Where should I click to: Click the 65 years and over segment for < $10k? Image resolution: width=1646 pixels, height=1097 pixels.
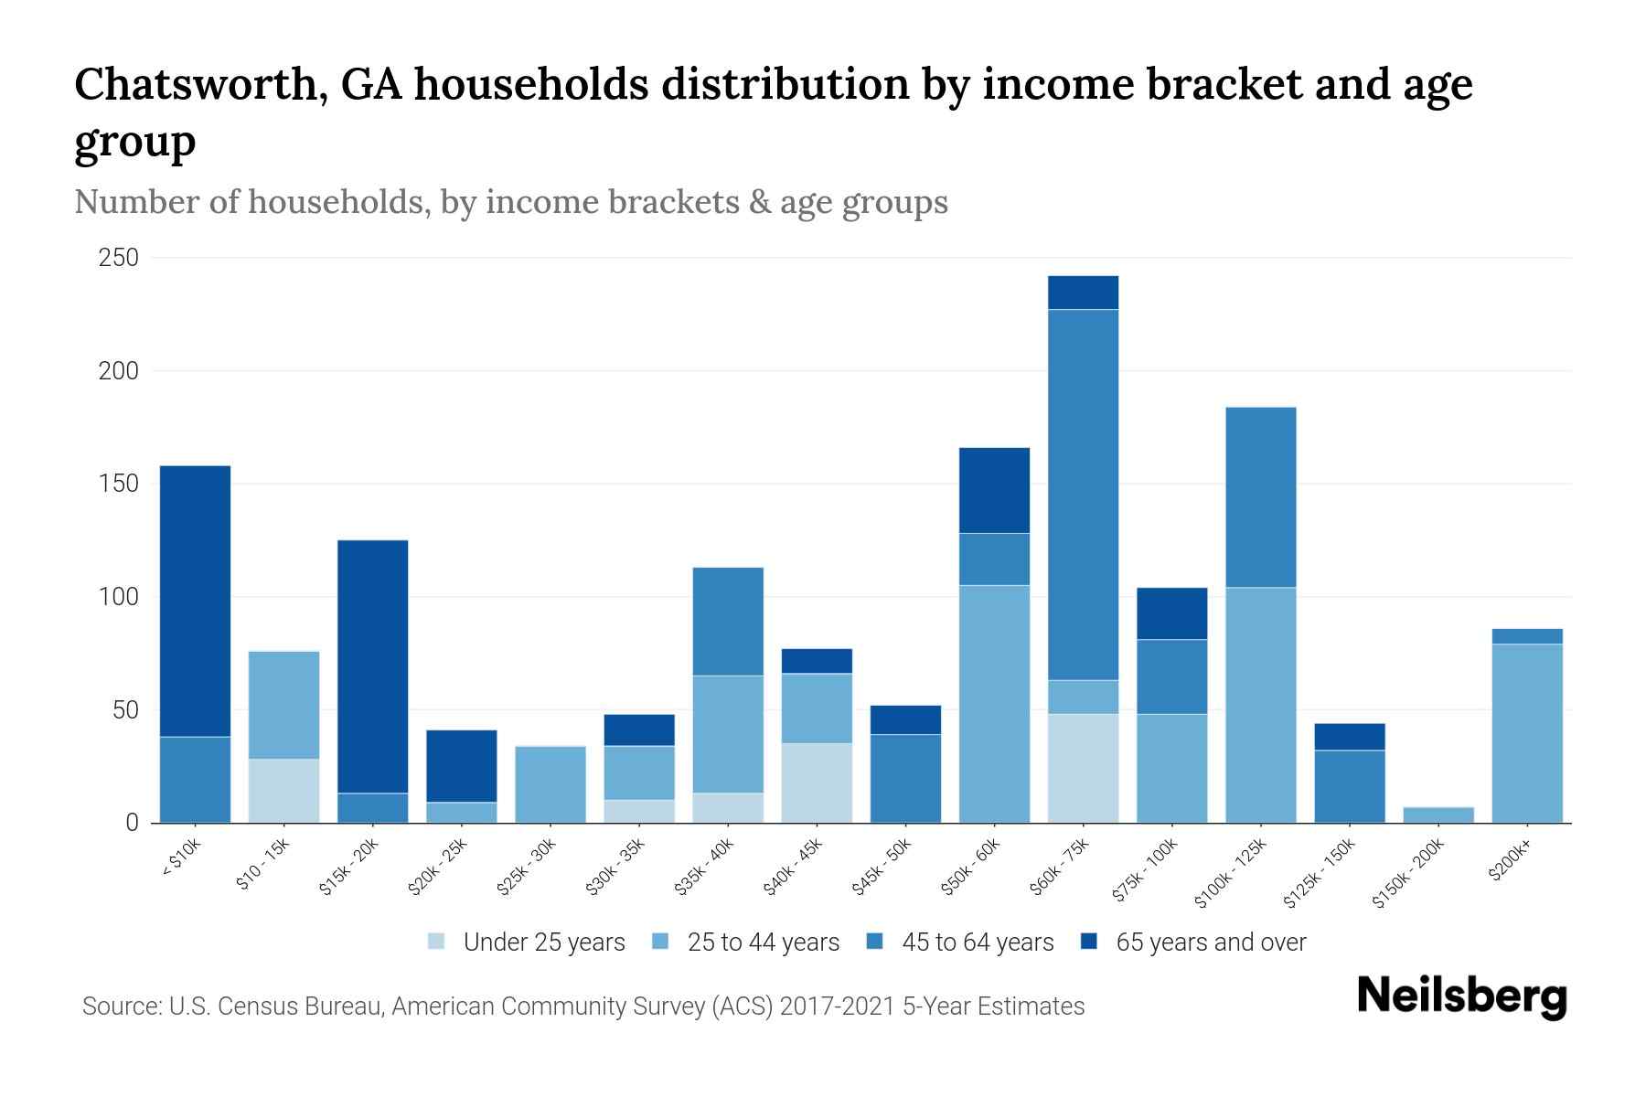pos(195,601)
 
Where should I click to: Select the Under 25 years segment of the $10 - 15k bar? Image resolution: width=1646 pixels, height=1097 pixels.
pos(283,791)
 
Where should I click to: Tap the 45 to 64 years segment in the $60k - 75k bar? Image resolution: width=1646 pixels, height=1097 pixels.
pos(1083,495)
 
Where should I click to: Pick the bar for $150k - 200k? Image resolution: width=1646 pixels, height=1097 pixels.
pos(1438,815)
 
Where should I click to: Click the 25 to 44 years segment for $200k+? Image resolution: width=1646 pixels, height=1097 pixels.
pos(1526,733)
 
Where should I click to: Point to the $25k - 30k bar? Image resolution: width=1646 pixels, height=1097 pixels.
pos(550,784)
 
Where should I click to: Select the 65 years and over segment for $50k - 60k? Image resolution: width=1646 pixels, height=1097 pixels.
pos(994,490)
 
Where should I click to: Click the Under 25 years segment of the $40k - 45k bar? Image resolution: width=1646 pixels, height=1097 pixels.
pos(817,783)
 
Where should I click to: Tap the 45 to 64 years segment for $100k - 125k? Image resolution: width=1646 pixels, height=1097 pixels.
pos(1260,497)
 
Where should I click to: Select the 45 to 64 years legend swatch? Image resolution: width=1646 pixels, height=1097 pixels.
pos(875,942)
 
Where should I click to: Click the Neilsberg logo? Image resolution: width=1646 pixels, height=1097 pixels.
pos(1461,996)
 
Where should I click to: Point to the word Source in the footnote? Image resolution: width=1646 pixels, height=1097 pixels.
pos(119,1006)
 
